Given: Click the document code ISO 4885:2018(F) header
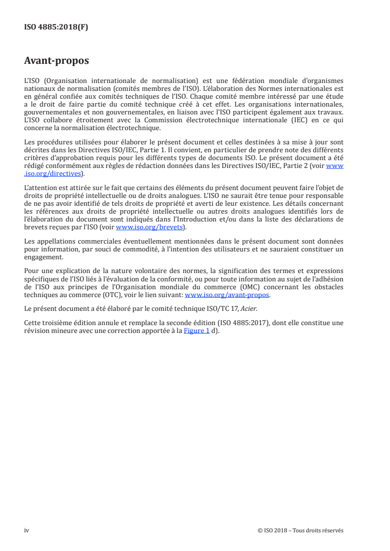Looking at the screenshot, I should (x=56, y=28).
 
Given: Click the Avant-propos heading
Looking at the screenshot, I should (x=57, y=61).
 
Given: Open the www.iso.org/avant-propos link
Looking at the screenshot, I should (x=227, y=296).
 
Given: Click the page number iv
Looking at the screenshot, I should (x=27, y=530).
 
